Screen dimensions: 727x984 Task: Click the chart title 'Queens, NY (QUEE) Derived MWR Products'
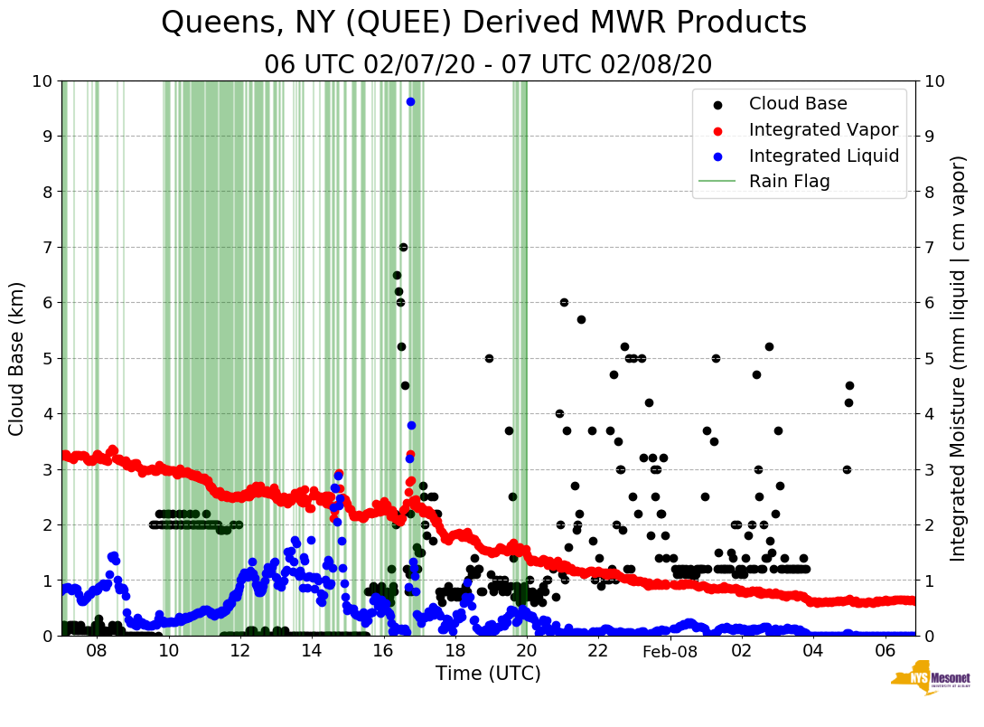coord(483,23)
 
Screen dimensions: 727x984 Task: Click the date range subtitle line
coord(488,65)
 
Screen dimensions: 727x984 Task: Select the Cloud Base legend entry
coord(798,104)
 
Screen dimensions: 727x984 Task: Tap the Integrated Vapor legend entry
coord(823,129)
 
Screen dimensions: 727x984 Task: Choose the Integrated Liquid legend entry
coord(823,156)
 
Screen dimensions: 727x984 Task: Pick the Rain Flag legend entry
coord(789,181)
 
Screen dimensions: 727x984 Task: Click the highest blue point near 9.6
coord(410,101)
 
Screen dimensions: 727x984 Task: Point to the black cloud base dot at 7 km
coord(403,247)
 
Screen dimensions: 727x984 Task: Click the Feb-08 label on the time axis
coord(670,651)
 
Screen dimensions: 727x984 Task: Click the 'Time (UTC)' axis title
coord(488,674)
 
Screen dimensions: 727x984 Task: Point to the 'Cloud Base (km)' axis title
coord(17,358)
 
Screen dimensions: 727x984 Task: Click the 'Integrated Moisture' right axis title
coord(959,358)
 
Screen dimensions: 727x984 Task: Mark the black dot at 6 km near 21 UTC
coord(564,302)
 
